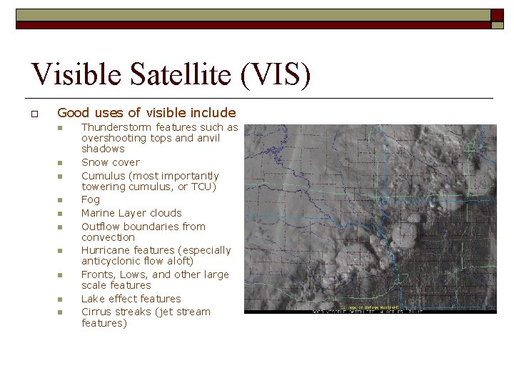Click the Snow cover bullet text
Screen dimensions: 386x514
(111, 162)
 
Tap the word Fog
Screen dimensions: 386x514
(91, 199)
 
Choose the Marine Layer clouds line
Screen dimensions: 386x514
(131, 213)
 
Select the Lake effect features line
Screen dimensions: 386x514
(131, 299)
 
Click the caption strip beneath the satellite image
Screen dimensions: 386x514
(370, 311)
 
